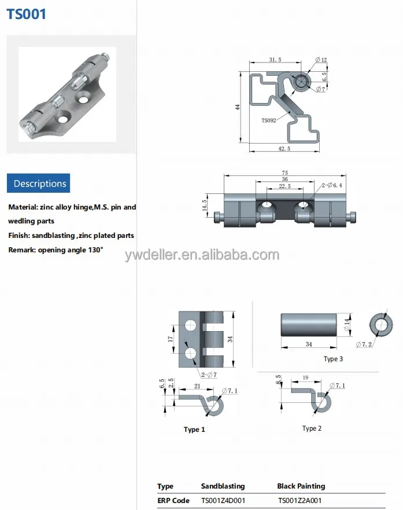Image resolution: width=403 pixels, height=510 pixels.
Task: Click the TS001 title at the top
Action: click(26, 14)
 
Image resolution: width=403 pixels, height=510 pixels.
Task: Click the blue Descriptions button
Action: click(39, 184)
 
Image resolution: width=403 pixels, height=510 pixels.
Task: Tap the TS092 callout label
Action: click(269, 120)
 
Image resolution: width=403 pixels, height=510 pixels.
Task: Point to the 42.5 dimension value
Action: click(284, 149)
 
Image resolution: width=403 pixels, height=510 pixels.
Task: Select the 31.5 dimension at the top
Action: click(275, 60)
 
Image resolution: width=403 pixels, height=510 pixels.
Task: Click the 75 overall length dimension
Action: click(284, 173)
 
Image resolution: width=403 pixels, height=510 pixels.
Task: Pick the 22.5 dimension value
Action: click(284, 186)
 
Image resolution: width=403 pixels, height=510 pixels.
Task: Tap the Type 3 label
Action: click(333, 359)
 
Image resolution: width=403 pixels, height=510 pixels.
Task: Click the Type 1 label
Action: click(194, 430)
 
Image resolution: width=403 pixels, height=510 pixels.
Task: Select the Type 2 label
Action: click(312, 428)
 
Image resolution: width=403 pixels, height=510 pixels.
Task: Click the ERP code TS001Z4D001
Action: click(223, 501)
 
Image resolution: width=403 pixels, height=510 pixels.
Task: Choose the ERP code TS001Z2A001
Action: click(300, 501)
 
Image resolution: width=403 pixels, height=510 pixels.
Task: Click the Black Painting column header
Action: click(301, 486)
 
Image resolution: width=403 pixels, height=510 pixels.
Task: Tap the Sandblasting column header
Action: click(223, 486)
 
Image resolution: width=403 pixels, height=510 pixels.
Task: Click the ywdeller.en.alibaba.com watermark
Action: click(202, 255)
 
